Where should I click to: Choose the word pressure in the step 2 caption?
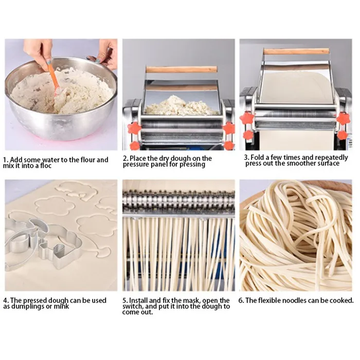(136, 165)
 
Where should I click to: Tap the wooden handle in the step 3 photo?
(296, 51)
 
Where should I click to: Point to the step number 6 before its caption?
(243, 300)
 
